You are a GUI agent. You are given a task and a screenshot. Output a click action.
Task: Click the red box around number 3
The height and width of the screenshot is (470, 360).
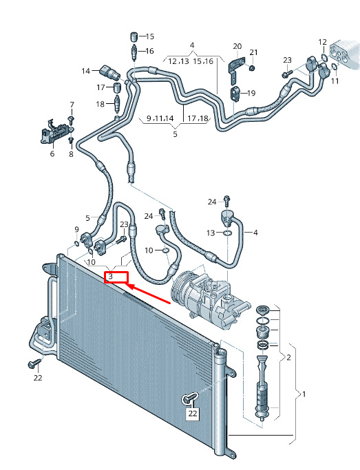click(116, 277)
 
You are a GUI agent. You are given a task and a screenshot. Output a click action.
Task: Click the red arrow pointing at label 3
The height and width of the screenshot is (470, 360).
click(148, 294)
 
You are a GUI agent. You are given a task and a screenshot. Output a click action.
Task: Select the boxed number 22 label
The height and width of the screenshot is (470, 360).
click(193, 414)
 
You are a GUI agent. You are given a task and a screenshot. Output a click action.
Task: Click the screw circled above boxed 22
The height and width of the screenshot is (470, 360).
click(190, 398)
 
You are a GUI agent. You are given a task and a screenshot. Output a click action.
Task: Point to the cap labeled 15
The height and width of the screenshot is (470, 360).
click(134, 36)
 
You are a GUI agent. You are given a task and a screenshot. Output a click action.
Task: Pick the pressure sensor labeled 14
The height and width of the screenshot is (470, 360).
click(110, 72)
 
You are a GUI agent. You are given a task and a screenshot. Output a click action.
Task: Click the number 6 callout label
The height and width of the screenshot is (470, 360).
click(52, 154)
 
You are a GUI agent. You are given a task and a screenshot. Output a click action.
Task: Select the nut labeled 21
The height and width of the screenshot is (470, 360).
click(252, 68)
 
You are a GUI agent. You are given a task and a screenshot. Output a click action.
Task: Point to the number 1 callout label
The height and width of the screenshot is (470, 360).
click(304, 394)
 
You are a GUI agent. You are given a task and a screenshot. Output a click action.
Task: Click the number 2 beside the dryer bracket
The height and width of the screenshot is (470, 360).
click(288, 357)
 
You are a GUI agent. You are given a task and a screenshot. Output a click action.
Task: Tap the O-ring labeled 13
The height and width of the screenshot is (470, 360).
click(227, 233)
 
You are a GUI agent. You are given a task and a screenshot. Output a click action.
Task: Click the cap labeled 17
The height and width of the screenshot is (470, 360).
click(117, 88)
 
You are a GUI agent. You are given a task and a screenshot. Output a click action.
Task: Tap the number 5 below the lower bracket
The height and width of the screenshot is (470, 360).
click(175, 134)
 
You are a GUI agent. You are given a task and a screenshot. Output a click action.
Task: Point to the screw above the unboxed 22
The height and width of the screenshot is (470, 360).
click(34, 363)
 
